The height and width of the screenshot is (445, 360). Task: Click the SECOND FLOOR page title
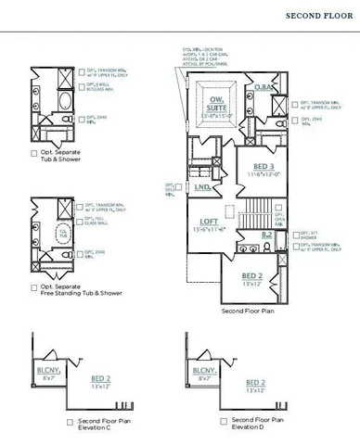click(317, 15)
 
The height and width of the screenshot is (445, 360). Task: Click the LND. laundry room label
click(201, 186)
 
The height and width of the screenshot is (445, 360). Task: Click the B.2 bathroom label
click(266, 235)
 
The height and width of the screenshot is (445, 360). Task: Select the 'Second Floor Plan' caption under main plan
click(251, 311)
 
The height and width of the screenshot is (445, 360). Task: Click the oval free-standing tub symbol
click(66, 233)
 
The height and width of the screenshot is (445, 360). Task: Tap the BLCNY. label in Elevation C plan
click(47, 371)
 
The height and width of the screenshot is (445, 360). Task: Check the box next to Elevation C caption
click(71, 422)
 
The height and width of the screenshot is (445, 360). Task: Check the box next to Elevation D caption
click(225, 422)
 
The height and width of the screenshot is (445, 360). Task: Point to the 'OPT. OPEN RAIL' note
click(281, 222)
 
